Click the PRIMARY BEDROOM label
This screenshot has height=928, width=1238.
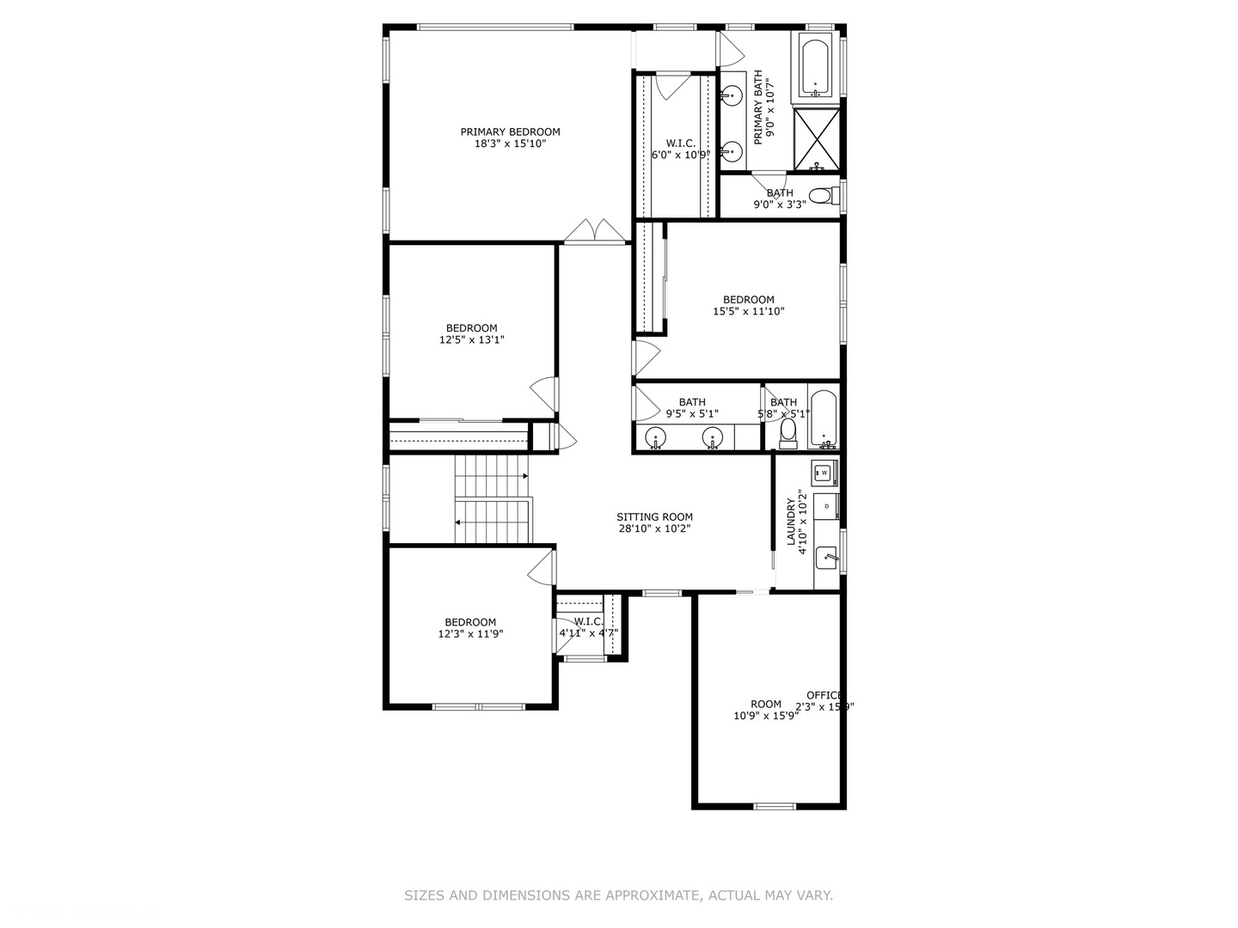510,131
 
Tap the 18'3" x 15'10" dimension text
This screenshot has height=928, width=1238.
510,143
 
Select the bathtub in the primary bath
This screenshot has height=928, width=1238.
815,66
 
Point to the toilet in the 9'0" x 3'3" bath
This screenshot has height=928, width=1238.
821,196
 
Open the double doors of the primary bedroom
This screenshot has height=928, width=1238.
595,232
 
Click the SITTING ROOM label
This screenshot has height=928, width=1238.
654,517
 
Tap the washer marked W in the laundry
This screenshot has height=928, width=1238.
824,473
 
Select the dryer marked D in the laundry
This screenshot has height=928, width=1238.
826,506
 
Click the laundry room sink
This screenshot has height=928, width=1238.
826,558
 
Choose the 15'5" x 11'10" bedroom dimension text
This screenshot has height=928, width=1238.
748,312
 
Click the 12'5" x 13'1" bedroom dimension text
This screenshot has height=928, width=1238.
471,339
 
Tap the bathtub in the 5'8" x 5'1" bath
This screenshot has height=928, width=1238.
823,418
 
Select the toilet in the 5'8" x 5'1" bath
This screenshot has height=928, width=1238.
788,434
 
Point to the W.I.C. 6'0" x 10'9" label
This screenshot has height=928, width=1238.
680,150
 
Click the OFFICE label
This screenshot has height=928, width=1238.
824,695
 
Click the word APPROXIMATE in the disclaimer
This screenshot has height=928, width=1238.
653,895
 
